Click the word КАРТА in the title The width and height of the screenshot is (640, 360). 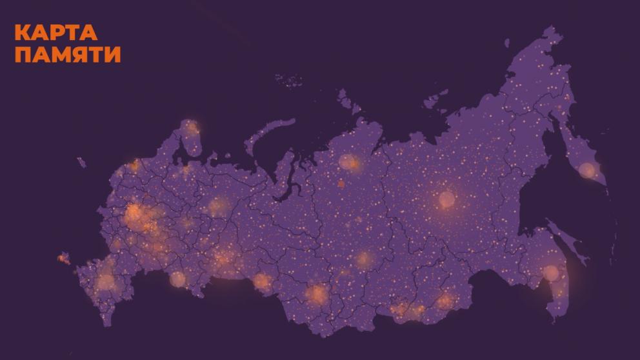55,33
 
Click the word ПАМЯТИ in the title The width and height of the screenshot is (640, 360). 67,55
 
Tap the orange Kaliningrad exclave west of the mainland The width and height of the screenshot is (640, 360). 63,258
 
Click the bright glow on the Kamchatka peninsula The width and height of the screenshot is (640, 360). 587,170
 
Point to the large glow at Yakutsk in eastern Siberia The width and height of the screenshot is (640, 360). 446,199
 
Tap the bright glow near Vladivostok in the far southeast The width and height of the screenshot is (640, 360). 550,272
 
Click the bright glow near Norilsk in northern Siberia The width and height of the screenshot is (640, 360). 348,161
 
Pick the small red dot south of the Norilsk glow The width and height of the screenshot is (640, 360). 341,183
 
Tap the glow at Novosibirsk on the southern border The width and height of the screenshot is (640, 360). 317,294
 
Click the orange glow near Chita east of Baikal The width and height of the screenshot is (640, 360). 445,300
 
